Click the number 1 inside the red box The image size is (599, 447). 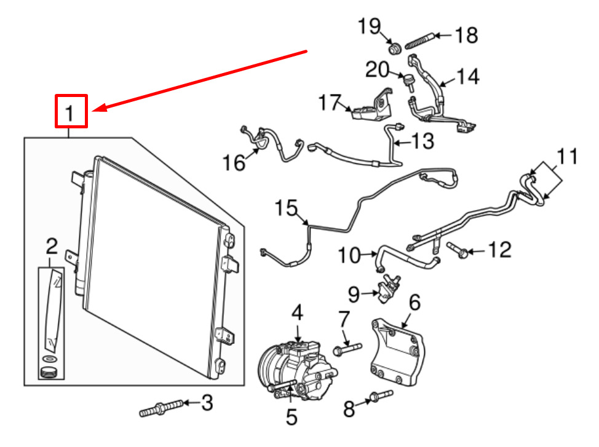coord(71,112)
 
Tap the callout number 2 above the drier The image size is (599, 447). coord(52,247)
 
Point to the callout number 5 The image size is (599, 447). coord(292,417)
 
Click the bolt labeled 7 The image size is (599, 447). coord(347,350)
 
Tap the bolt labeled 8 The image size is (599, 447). coord(380,397)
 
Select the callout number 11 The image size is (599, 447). coord(569,157)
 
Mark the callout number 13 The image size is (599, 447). coord(422,142)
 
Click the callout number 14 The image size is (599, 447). coord(467,76)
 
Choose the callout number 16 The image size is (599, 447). coord(234,163)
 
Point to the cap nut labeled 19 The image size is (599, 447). coord(395,47)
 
